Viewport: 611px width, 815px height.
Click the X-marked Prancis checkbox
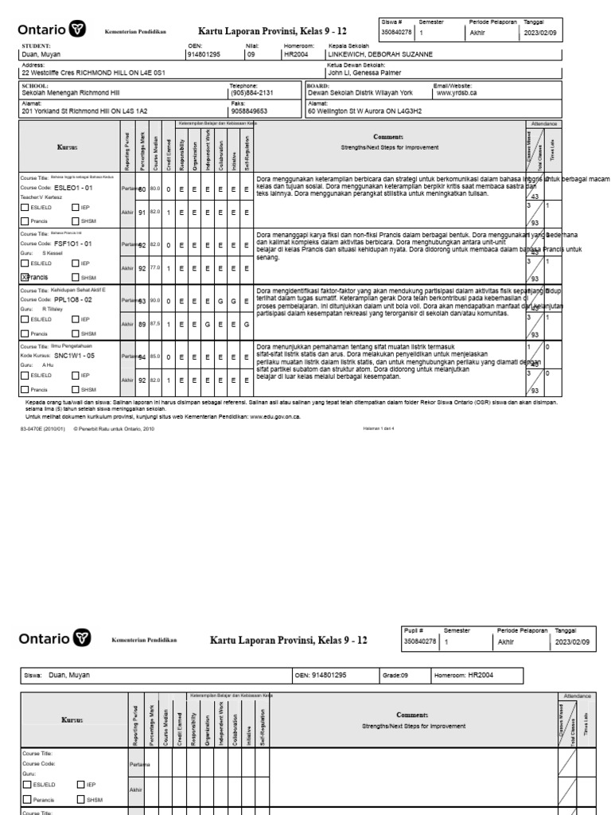24,277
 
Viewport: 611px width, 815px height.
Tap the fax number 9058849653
248,111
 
